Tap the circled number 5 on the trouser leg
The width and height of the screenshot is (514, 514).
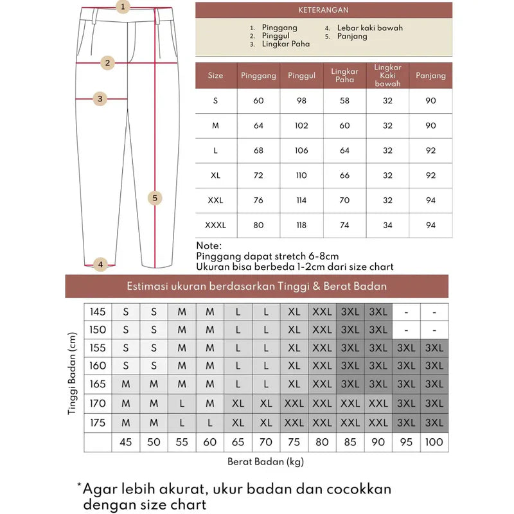[155, 198]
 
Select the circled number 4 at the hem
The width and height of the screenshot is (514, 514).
[100, 264]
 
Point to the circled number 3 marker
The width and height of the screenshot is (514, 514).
[100, 99]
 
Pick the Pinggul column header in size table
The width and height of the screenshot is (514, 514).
[301, 76]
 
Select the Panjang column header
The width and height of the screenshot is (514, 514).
[430, 76]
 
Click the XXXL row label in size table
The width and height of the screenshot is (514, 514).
[216, 225]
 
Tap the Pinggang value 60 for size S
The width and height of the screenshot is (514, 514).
[259, 101]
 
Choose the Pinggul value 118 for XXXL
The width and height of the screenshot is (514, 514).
[301, 225]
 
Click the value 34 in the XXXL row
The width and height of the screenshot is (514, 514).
[387, 225]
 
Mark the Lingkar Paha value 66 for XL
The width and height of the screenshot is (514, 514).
[344, 175]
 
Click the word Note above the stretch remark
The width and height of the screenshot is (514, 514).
[209, 245]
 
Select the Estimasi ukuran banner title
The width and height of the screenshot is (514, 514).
[257, 286]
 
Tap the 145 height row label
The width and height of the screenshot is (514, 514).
[98, 312]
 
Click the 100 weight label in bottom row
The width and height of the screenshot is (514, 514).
[434, 442]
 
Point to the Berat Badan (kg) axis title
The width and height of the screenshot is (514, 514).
[265, 461]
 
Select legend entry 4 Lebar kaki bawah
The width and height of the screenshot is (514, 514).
[365, 28]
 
